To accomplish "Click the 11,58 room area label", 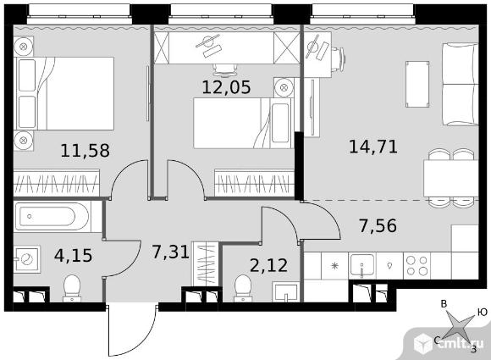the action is coord(85,150).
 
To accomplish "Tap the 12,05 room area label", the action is coord(226,86).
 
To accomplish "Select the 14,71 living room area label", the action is coord(373,147).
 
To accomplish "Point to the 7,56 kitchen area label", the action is coord(378,225).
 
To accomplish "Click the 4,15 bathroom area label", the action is coord(74,255).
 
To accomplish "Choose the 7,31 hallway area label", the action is coord(171,252).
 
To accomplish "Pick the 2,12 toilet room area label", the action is coord(268,265).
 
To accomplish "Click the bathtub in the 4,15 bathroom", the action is coord(52,216).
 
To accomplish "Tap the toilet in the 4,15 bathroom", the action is coord(72,288).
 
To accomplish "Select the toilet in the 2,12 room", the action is coord(243,288).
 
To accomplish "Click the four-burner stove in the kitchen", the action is coord(417,266).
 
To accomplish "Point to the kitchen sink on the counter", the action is coord(362,266).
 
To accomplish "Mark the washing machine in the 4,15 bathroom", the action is coord(27,259).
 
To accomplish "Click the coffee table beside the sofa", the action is coord(417,84).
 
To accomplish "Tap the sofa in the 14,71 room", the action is coord(460,85).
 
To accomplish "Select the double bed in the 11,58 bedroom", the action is coord(64,93).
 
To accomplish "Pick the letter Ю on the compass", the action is coord(483,312).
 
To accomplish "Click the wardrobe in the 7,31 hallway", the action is coord(205,263).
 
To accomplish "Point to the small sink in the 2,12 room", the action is coord(285,291).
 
